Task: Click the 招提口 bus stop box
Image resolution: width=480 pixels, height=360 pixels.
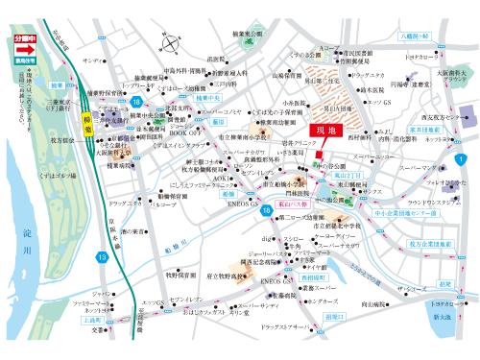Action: pyautogui.click(x=333, y=315)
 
